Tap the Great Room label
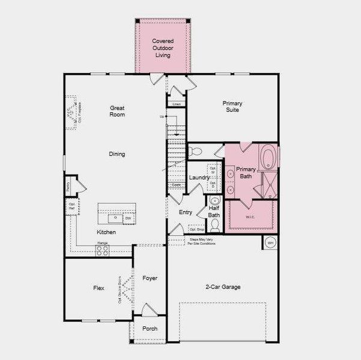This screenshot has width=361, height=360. click(117, 111)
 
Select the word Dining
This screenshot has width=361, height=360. click(117, 154)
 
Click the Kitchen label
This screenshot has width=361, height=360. click(106, 232)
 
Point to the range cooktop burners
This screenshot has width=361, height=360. click(102, 251)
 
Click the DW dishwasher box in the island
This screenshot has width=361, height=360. click(128, 218)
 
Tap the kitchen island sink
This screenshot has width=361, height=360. click(115, 217)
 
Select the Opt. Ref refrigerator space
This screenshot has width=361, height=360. click(71, 207)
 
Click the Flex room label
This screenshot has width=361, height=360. click(99, 288)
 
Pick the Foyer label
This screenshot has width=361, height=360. click(150, 278)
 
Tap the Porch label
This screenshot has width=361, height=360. click(150, 329)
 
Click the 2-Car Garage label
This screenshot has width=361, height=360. click(222, 287)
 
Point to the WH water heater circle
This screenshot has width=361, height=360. click(270, 242)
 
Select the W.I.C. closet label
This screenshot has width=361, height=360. click(251, 217)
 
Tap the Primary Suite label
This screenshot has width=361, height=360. click(232, 107)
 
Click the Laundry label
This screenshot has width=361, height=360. click(199, 178)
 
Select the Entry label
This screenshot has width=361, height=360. click(186, 212)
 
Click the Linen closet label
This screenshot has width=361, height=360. click(176, 104)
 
